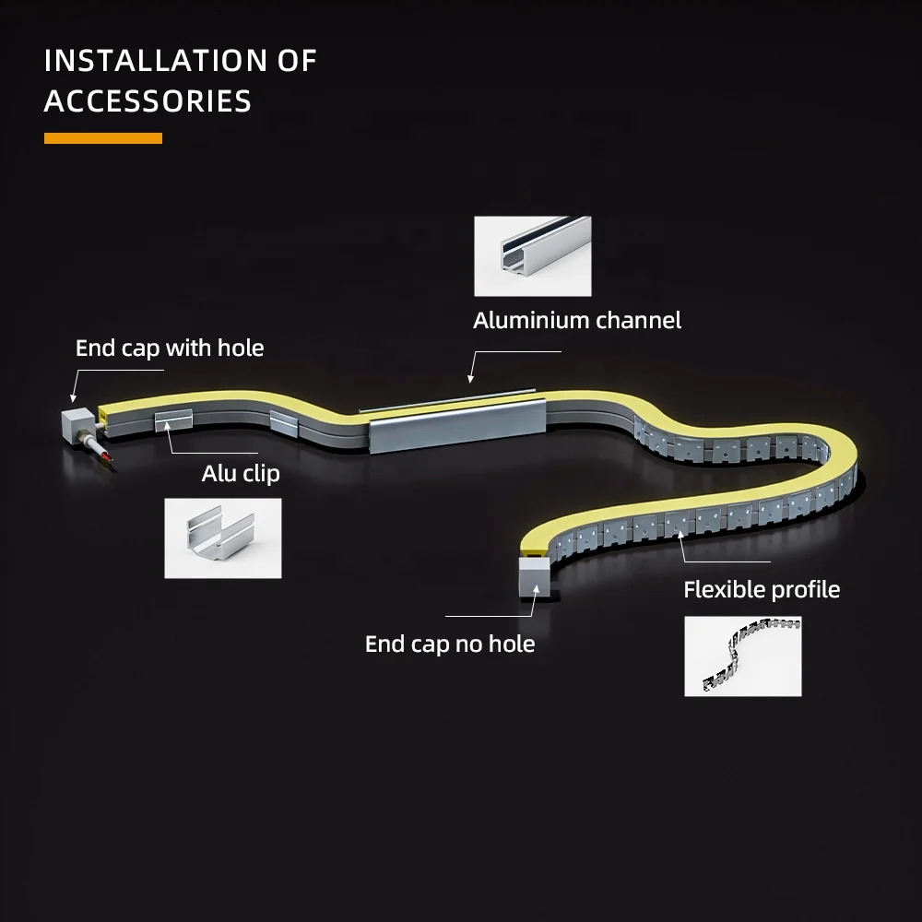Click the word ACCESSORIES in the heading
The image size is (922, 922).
coord(148,101)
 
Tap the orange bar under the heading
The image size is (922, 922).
coord(103,138)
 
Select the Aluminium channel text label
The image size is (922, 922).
coord(577,321)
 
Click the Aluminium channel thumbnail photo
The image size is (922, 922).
coord(532,256)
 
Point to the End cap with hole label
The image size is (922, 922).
coord(170,349)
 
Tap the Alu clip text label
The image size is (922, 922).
coord(241,474)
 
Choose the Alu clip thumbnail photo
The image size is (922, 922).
coord(222,538)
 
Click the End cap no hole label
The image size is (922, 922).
coord(450,644)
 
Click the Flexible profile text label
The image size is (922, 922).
coord(762,590)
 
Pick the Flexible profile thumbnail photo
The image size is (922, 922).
coord(742,656)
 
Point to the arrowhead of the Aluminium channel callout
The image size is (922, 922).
coord(469,378)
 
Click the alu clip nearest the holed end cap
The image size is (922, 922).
coord(173,420)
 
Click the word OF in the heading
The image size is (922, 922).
coord(298,62)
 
